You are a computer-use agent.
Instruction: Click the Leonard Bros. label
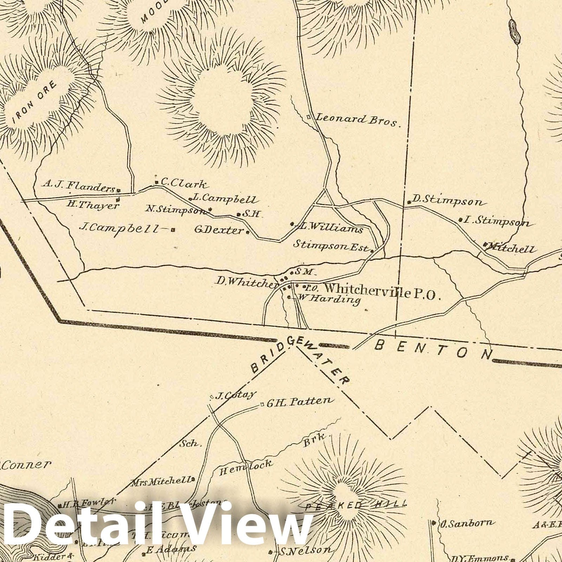(357, 120)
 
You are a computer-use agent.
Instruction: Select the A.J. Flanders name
(79, 186)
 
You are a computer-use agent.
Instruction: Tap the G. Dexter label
(219, 230)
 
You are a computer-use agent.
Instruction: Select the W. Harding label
(329, 300)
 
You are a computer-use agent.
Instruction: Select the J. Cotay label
(235, 395)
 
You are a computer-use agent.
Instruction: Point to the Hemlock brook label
(246, 467)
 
